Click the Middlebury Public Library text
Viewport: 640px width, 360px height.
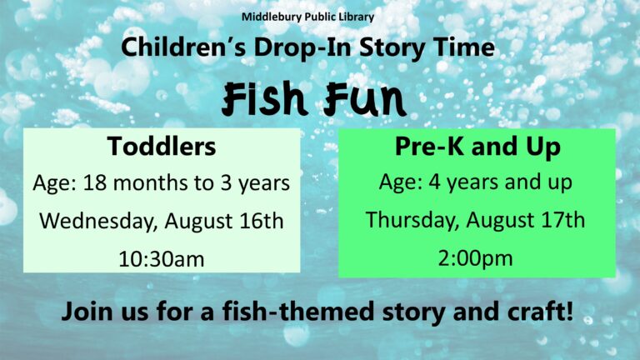[x=307, y=17]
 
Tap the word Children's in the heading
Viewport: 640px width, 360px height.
[x=183, y=47]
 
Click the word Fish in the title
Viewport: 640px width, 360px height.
[x=264, y=98]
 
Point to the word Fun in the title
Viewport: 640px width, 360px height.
[x=364, y=98]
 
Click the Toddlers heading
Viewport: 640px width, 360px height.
[x=162, y=146]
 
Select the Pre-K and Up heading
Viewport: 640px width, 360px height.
[x=477, y=147]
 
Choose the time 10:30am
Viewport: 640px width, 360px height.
[x=162, y=259]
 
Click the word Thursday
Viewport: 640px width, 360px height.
[x=412, y=220]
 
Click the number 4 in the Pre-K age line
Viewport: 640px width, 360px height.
[x=435, y=182]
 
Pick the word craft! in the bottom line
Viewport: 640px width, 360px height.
[x=540, y=311]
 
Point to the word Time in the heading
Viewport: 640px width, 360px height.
[x=464, y=47]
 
